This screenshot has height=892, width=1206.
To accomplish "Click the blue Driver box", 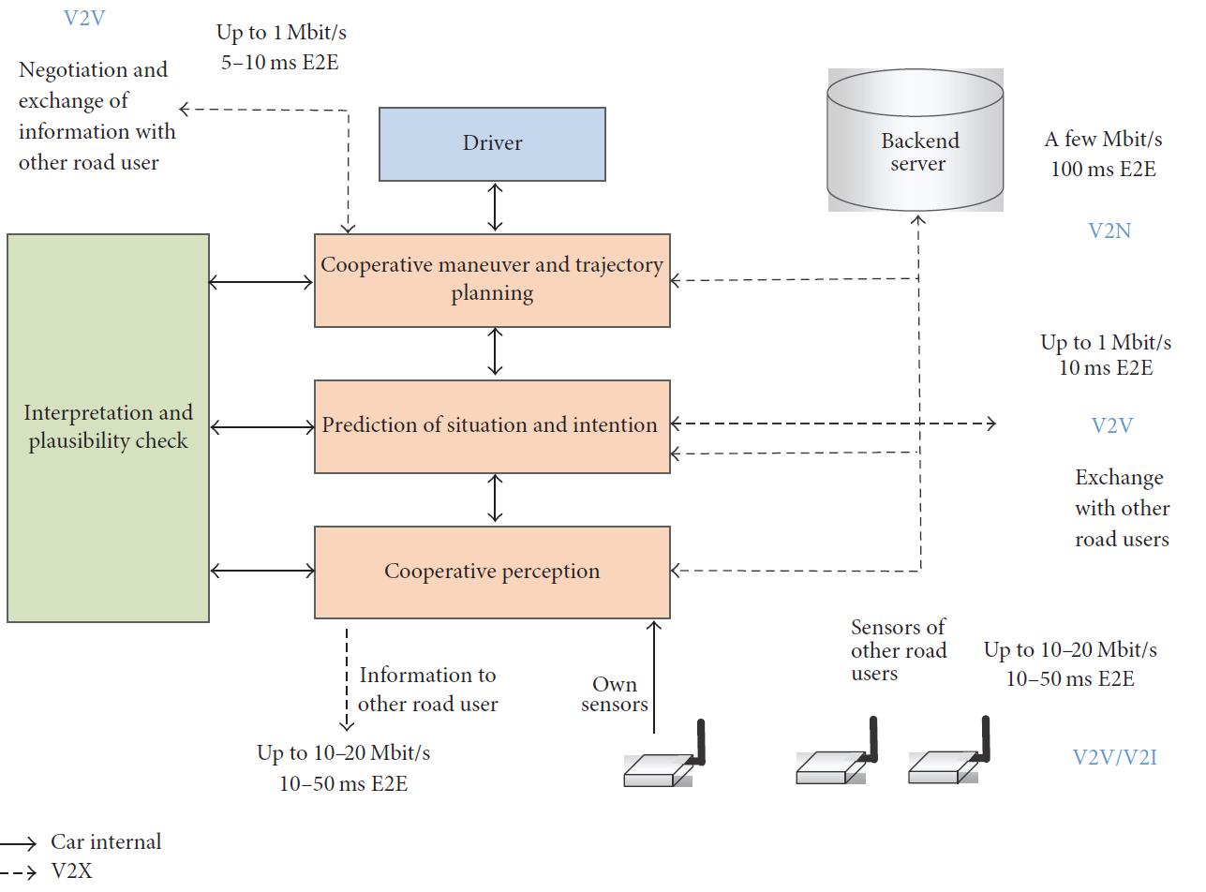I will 492,143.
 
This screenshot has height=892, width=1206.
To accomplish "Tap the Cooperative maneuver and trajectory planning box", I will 492,279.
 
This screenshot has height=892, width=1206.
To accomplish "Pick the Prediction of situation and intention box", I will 492,425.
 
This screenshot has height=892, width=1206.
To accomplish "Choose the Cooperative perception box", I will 492,572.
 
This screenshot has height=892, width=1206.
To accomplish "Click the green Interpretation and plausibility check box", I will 108,427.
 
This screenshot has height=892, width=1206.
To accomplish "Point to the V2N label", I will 1109,230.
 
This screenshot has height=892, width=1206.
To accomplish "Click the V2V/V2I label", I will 1114,757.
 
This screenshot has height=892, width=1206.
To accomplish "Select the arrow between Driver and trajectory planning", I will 495,207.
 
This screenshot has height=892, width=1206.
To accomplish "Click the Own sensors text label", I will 615,694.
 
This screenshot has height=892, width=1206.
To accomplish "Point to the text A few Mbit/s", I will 1103,140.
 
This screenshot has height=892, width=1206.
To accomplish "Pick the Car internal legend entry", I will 106,841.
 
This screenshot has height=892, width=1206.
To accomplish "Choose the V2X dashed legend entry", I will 71,871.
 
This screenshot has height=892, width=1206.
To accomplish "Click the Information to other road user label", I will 427,689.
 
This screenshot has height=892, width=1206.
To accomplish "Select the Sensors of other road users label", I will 898,650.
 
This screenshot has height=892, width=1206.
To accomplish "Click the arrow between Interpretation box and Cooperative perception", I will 261,570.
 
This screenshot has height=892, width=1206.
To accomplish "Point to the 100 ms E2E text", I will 1103,170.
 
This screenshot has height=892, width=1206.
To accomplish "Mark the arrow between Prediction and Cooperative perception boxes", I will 495,498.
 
